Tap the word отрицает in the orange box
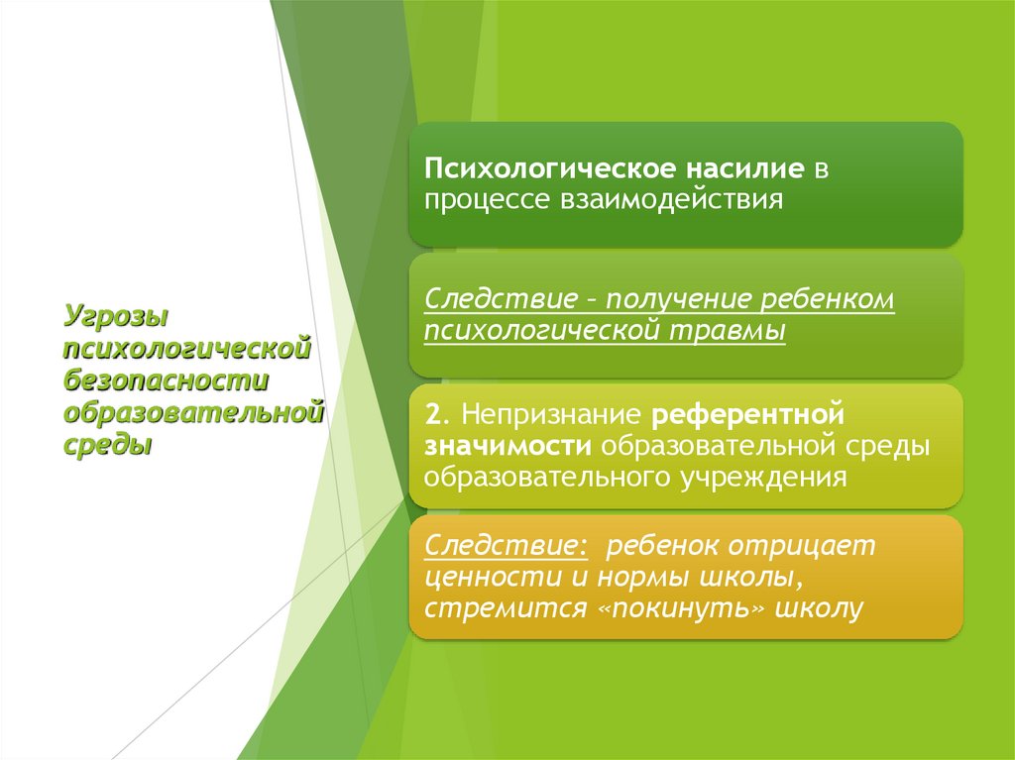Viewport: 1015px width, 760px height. [804, 545]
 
